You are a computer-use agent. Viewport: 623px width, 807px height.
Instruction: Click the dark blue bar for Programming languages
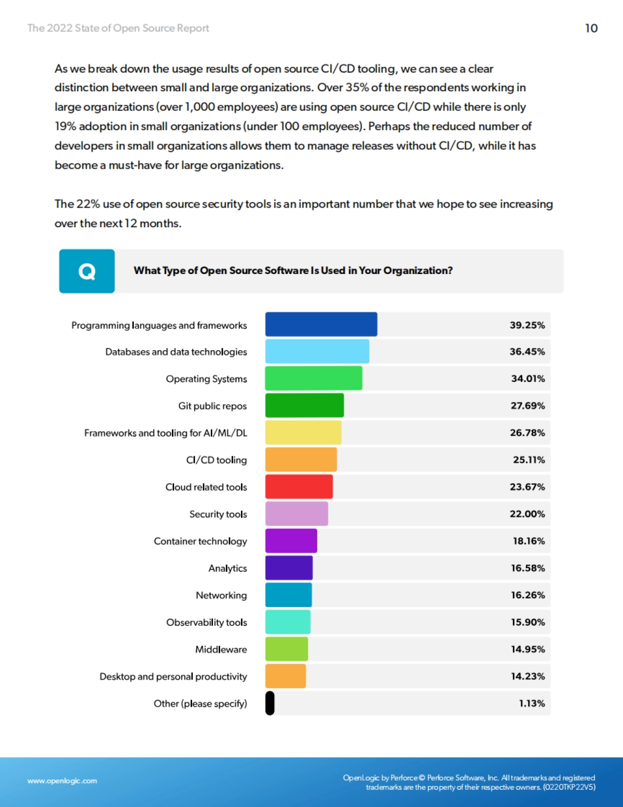pyautogui.click(x=321, y=324)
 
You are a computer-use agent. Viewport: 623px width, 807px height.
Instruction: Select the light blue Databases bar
pyautogui.click(x=317, y=351)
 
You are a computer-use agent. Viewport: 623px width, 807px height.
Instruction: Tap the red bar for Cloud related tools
pyautogui.click(x=299, y=487)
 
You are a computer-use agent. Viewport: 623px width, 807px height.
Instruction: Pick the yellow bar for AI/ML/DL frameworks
pyautogui.click(x=303, y=432)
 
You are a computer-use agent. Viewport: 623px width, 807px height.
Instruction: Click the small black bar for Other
pyautogui.click(x=269, y=703)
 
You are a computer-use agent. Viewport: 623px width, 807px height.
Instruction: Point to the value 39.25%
pyautogui.click(x=527, y=325)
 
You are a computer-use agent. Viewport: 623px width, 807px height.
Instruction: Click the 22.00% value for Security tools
pyautogui.click(x=527, y=514)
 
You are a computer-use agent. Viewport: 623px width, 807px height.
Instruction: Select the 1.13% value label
pyautogui.click(x=532, y=703)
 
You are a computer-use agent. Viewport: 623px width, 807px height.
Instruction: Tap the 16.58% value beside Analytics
pyautogui.click(x=527, y=568)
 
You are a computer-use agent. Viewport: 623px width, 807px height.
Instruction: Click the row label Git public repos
pyautogui.click(x=212, y=406)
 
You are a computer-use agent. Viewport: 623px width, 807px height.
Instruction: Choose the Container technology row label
pyautogui.click(x=200, y=541)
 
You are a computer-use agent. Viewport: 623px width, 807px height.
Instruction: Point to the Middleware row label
pyautogui.click(x=221, y=649)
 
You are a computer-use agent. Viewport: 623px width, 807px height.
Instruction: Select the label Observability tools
pyautogui.click(x=207, y=622)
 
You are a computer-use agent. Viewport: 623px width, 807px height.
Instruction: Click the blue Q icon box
pyautogui.click(x=87, y=271)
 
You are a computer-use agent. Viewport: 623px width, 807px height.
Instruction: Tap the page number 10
pyautogui.click(x=591, y=28)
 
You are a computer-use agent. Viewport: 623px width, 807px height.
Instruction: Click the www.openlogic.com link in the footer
pyautogui.click(x=62, y=781)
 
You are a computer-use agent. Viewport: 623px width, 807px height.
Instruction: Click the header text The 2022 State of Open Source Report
pyautogui.click(x=118, y=28)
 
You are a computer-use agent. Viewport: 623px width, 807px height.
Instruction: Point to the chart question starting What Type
pyautogui.click(x=293, y=270)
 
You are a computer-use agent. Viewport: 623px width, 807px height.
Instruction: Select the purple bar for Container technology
pyautogui.click(x=291, y=541)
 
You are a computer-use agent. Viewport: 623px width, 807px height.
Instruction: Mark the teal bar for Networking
pyautogui.click(x=288, y=595)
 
